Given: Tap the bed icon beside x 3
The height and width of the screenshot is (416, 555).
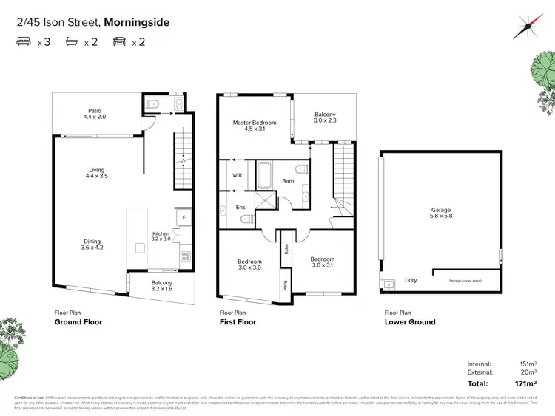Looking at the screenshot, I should pos(24,43).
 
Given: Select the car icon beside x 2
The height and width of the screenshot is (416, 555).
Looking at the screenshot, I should pos(118,43).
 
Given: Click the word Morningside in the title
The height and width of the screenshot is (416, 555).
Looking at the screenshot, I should pos(137,22).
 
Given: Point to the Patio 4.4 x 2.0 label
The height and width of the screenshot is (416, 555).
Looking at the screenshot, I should pos(95,114).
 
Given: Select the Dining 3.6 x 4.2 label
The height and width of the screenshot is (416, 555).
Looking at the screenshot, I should pos(92,244).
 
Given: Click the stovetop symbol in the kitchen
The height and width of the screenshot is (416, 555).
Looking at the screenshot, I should pos(184,256).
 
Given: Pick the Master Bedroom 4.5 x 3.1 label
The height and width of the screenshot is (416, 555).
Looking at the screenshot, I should pos(254,126).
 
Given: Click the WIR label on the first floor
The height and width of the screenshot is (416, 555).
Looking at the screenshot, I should pos(238,176).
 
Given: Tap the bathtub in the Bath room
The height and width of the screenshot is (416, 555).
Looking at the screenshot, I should pos(265,176).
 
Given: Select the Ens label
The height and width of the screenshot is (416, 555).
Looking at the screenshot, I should pos(240,208).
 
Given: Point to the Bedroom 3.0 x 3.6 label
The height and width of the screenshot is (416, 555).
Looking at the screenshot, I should pos(249,265).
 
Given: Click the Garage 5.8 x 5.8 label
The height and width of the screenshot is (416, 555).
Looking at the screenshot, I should pos(441,214).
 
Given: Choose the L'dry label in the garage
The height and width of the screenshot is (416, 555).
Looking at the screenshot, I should pos(411,281).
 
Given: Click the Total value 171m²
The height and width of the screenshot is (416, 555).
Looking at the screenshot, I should pos(525,384).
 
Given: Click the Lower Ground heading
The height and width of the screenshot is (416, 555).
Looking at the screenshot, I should pos(410,322).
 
